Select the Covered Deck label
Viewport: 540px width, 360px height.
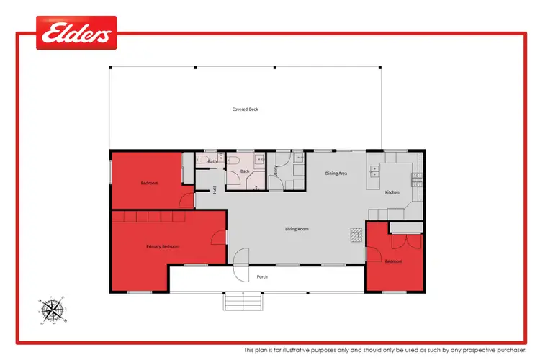click(245, 109)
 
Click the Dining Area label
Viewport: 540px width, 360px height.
click(336, 174)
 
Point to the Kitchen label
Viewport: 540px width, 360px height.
click(392, 192)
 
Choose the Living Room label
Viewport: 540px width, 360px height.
click(296, 229)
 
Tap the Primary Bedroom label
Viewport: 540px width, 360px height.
click(163, 246)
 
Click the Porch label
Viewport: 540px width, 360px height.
click(263, 276)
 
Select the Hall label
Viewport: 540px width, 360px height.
click(215, 190)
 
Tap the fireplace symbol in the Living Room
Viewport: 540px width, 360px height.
click(356, 233)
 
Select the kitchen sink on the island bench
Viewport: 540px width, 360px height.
click(374, 171)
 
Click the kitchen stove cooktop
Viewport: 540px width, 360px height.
click(415, 179)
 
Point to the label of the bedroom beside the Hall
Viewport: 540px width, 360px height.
click(149, 183)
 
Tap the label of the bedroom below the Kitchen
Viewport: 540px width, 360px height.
click(393, 261)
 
